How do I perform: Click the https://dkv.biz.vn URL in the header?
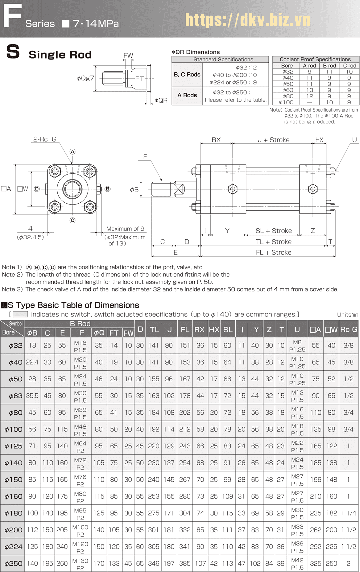coord(248,20)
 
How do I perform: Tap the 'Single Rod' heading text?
coord(60,55)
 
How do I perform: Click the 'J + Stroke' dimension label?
coord(273,140)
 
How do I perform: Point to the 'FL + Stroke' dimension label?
coord(274,252)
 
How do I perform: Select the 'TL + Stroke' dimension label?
coord(274,242)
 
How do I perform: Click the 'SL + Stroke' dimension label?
coord(274,231)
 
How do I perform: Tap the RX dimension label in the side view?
coord(216,140)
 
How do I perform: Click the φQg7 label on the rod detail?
coord(85,78)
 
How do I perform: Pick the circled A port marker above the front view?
coord(72,151)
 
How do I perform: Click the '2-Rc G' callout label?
coord(45,140)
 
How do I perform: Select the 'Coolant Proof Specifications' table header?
coord(315,59)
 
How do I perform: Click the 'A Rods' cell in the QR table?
coord(187,95)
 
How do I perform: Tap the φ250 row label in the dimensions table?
coord(12,563)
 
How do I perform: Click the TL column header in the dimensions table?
coord(154,329)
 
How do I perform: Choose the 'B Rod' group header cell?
coord(80,324)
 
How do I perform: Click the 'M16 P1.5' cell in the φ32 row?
coord(80,346)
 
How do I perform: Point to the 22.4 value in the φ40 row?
coord(32,362)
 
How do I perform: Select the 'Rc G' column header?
coord(348,329)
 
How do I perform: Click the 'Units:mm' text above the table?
coord(347,314)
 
